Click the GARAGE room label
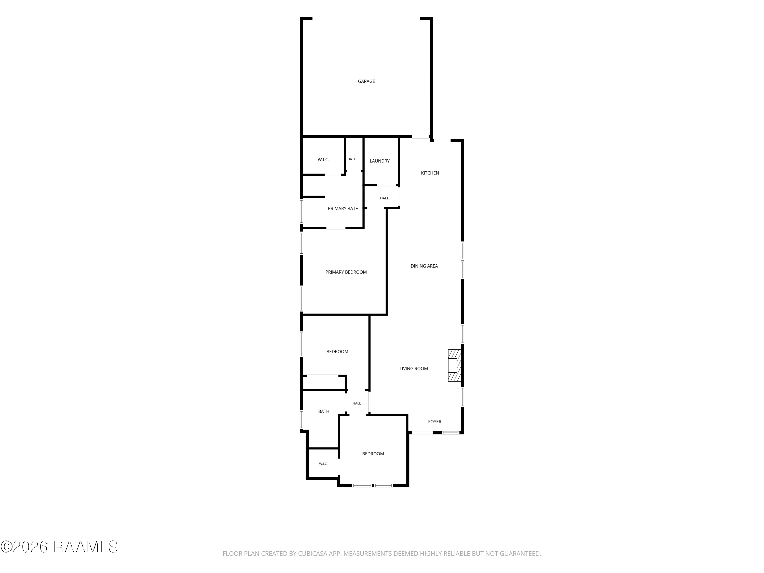tap(366, 81)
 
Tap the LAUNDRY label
tap(380, 161)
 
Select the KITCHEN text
tap(430, 173)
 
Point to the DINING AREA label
tap(424, 266)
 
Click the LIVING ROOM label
tap(414, 369)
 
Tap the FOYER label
tap(434, 422)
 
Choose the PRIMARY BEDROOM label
tap(346, 272)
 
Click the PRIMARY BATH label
tap(343, 209)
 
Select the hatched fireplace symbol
tap(455, 365)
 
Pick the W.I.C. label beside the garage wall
tap(323, 160)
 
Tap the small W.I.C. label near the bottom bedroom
tap(323, 464)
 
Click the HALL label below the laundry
tap(384, 198)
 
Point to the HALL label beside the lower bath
tap(357, 403)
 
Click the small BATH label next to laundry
tap(352, 159)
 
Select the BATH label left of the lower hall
tap(324, 411)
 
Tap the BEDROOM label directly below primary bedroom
tap(337, 352)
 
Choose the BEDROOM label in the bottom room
tap(373, 454)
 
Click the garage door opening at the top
tap(366, 19)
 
